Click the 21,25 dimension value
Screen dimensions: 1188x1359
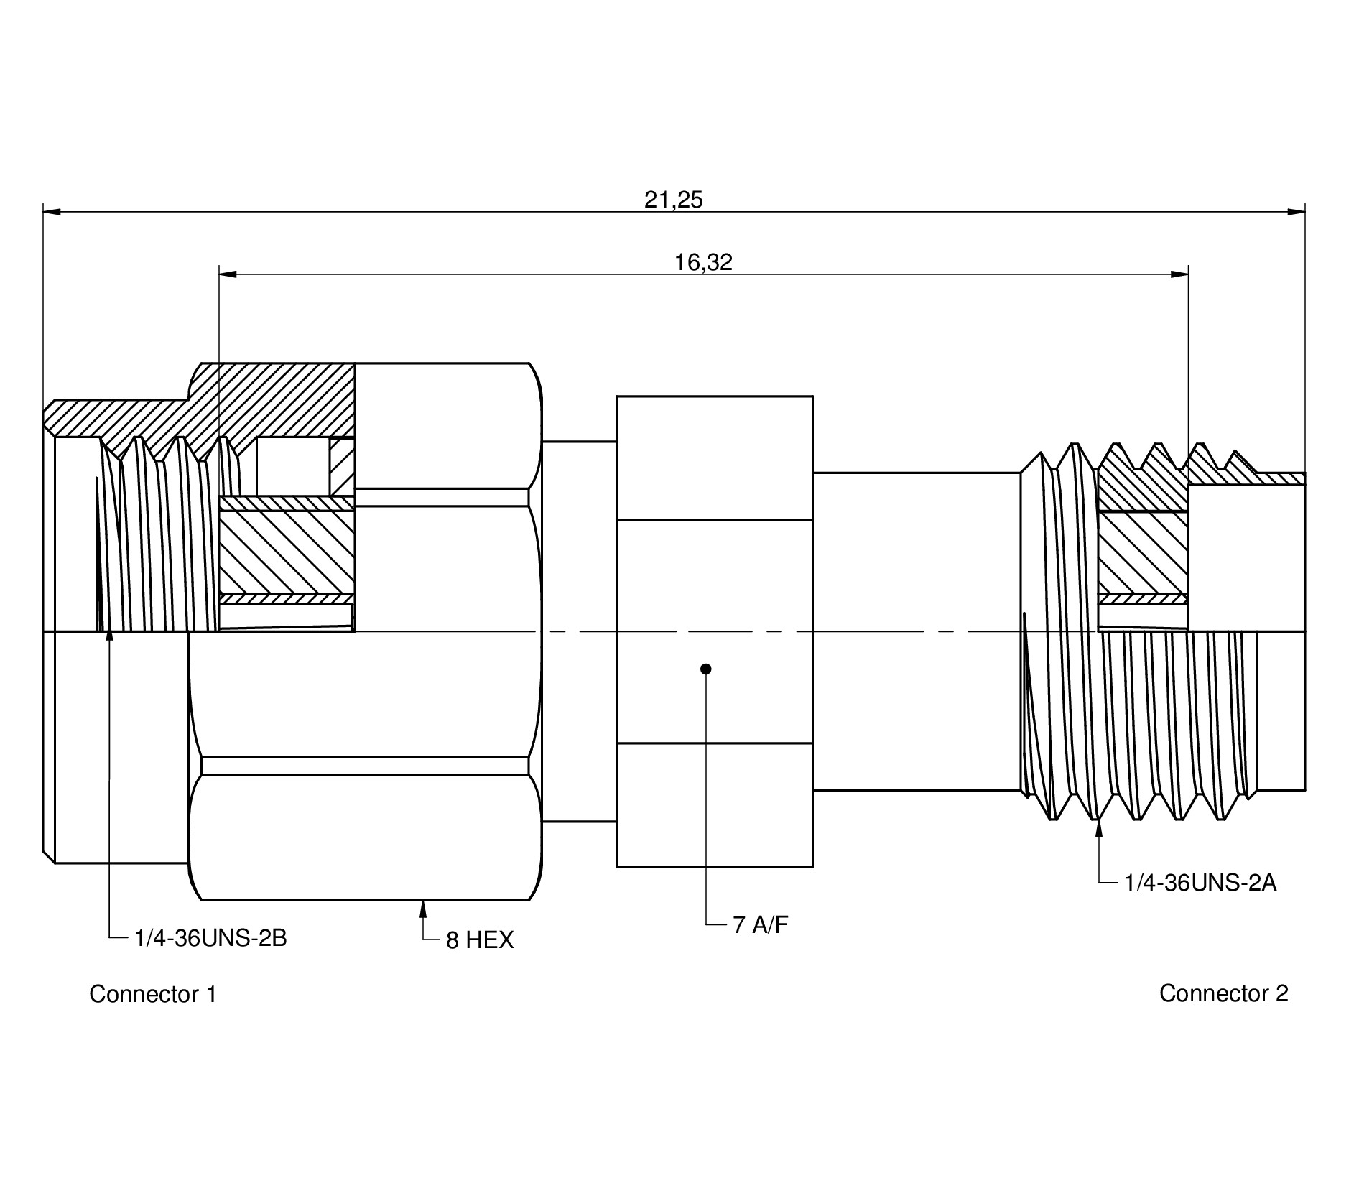(x=673, y=200)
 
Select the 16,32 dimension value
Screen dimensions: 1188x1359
(x=703, y=262)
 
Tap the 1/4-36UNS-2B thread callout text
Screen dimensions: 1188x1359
(x=210, y=938)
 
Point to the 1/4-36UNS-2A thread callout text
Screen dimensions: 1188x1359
(x=1200, y=883)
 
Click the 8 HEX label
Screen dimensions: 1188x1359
(x=480, y=940)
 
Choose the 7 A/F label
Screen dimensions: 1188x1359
(x=760, y=925)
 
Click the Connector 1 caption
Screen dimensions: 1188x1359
(x=152, y=994)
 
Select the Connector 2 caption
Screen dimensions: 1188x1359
(x=1223, y=993)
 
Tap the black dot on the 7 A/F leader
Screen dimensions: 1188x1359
(x=706, y=669)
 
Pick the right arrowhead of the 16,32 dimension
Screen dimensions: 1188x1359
(x=1179, y=274)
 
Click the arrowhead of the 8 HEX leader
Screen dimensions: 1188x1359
(x=423, y=908)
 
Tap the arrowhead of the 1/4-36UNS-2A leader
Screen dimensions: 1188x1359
(x=1099, y=828)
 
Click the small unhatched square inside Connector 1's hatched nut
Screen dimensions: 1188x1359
(x=292, y=466)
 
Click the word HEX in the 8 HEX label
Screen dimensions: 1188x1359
(x=490, y=940)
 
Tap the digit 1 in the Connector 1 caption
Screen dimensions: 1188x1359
(x=211, y=994)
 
